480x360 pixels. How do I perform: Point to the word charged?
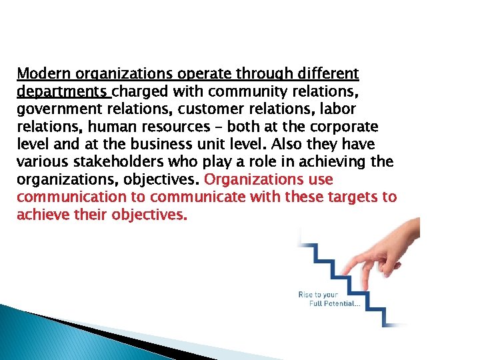(x=143, y=91)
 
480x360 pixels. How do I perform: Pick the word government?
(x=63, y=109)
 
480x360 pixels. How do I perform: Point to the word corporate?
(x=347, y=127)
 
